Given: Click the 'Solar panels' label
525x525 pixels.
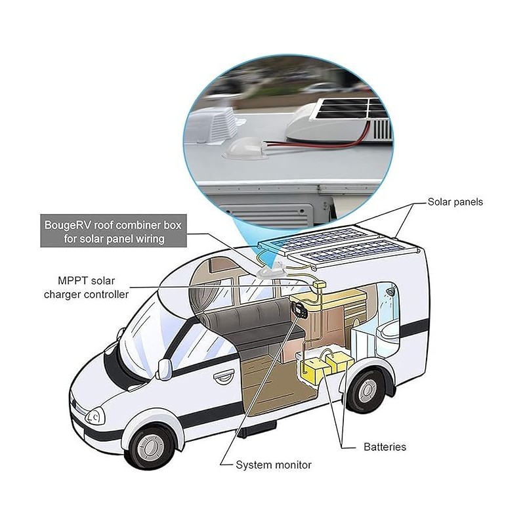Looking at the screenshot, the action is [455, 202].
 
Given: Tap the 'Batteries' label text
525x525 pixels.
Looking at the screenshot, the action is [385, 447].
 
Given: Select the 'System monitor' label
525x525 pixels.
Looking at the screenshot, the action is [274, 465].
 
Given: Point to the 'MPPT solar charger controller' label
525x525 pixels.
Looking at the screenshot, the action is [87, 287].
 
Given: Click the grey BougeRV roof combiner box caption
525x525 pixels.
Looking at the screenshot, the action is [114, 231].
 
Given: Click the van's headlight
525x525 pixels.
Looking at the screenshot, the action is [95, 417].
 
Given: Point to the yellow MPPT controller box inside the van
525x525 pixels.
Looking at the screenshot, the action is [319, 285].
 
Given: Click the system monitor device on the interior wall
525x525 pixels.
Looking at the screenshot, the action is [297, 308].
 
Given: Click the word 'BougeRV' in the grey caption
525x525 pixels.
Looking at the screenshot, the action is [68, 225].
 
